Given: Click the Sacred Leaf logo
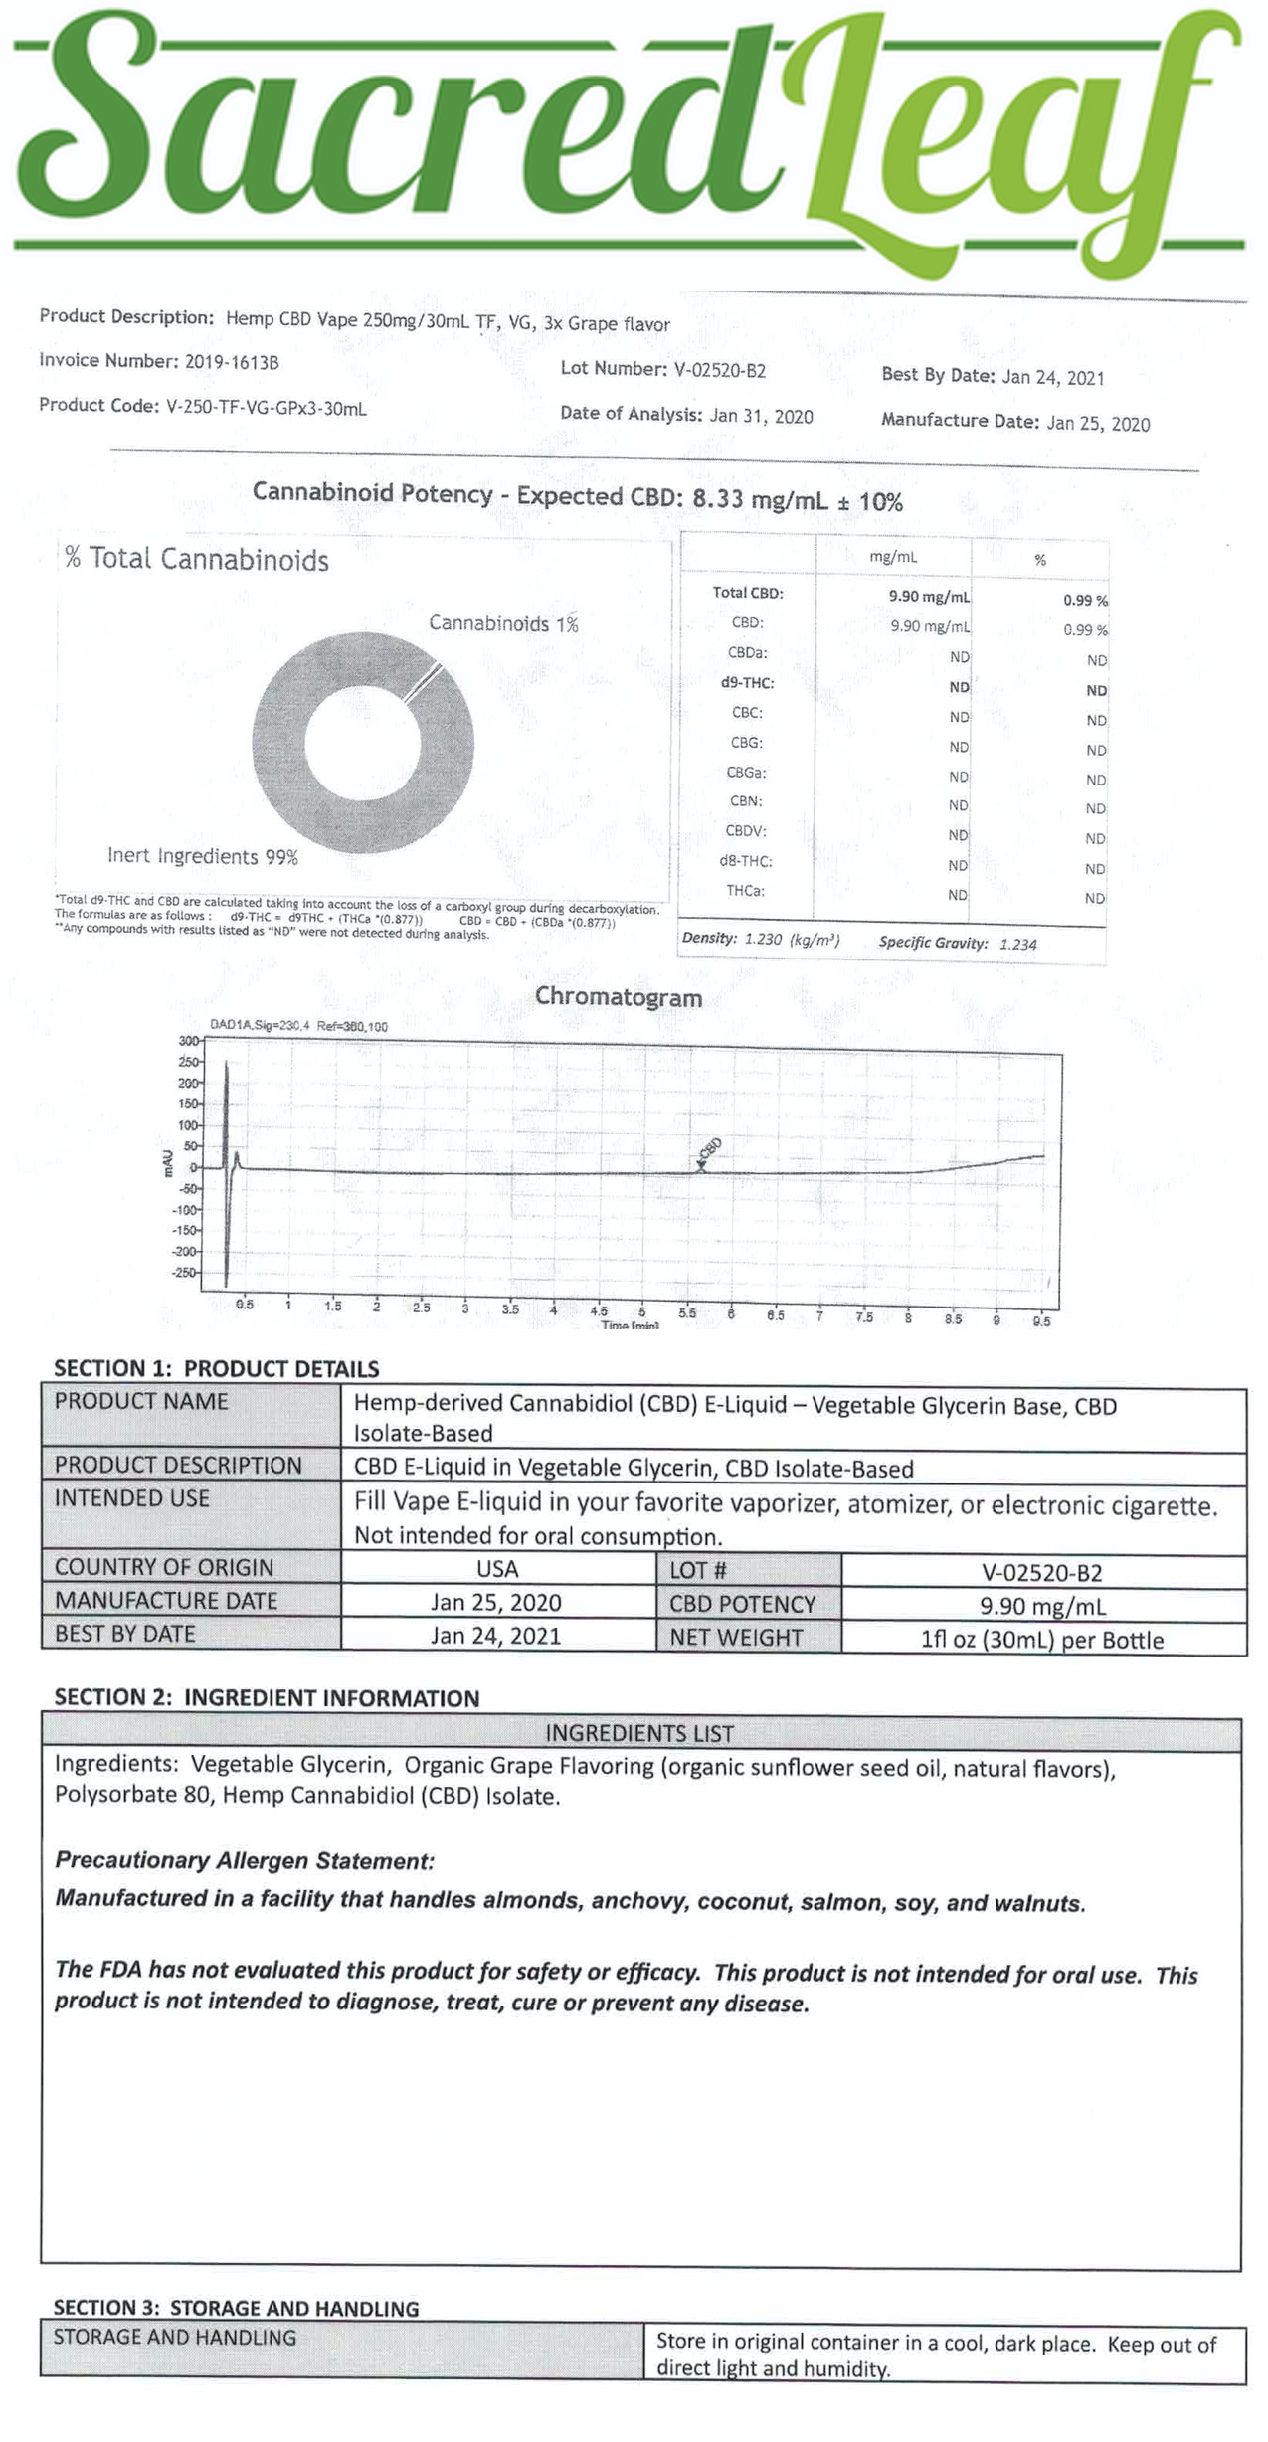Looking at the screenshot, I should pos(627,129).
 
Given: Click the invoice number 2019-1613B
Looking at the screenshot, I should pos(232,362).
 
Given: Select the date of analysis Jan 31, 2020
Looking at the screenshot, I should pos(761,416).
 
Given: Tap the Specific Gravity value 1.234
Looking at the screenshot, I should pos(1017,945).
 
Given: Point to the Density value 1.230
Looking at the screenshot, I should pos(763,939).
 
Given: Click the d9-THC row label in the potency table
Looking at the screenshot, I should pos(747,683).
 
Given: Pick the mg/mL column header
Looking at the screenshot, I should pos(892,557).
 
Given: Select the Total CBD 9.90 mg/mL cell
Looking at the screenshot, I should pos(928,597).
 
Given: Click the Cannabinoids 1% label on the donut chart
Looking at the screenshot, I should pos(503,624).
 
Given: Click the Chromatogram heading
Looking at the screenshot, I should pos(619,997).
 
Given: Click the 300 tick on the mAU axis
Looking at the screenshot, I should pos(188,1041).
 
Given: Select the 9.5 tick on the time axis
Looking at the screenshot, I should pos(1041,1321).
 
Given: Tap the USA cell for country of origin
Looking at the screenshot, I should pos(497,1569).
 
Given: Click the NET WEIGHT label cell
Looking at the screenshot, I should pos(736,1637).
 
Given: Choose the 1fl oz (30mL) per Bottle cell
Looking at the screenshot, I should pos(1041,1640).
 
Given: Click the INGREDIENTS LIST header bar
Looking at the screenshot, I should pos(639,1734).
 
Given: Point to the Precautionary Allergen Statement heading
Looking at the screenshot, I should pos(245,1860).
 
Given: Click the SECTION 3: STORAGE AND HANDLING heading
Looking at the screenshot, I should pos(236,2308).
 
